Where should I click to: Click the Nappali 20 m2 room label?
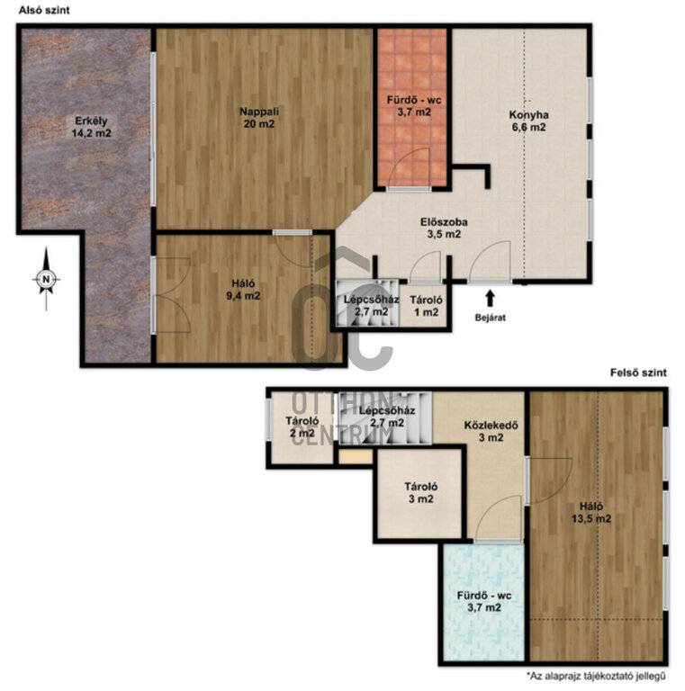pyautogui.click(x=259, y=118)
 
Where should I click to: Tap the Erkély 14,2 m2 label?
pyautogui.click(x=91, y=127)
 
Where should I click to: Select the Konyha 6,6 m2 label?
pyautogui.click(x=528, y=121)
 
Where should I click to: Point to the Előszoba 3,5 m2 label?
pyautogui.click(x=444, y=228)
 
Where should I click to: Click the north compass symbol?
pyautogui.click(x=46, y=280)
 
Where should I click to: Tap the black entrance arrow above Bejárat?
pyautogui.click(x=490, y=299)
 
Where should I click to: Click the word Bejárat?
pyautogui.click(x=491, y=318)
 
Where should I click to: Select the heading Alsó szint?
pyautogui.click(x=44, y=10)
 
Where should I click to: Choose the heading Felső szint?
pyautogui.click(x=638, y=372)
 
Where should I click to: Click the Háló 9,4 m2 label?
pyautogui.click(x=243, y=290)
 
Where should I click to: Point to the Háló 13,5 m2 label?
pyautogui.click(x=591, y=513)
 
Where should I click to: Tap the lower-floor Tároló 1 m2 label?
pyautogui.click(x=426, y=306)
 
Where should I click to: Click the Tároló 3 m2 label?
pyautogui.click(x=421, y=493)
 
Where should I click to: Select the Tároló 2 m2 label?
pyautogui.click(x=302, y=426)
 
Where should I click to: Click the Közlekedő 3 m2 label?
pyautogui.click(x=491, y=432)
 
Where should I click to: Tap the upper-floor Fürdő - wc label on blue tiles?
pyautogui.click(x=484, y=602)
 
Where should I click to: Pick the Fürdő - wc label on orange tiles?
pyautogui.click(x=414, y=106)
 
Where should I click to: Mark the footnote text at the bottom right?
pyautogui.click(x=597, y=676)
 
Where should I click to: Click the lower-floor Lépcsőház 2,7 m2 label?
pyautogui.click(x=372, y=305)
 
